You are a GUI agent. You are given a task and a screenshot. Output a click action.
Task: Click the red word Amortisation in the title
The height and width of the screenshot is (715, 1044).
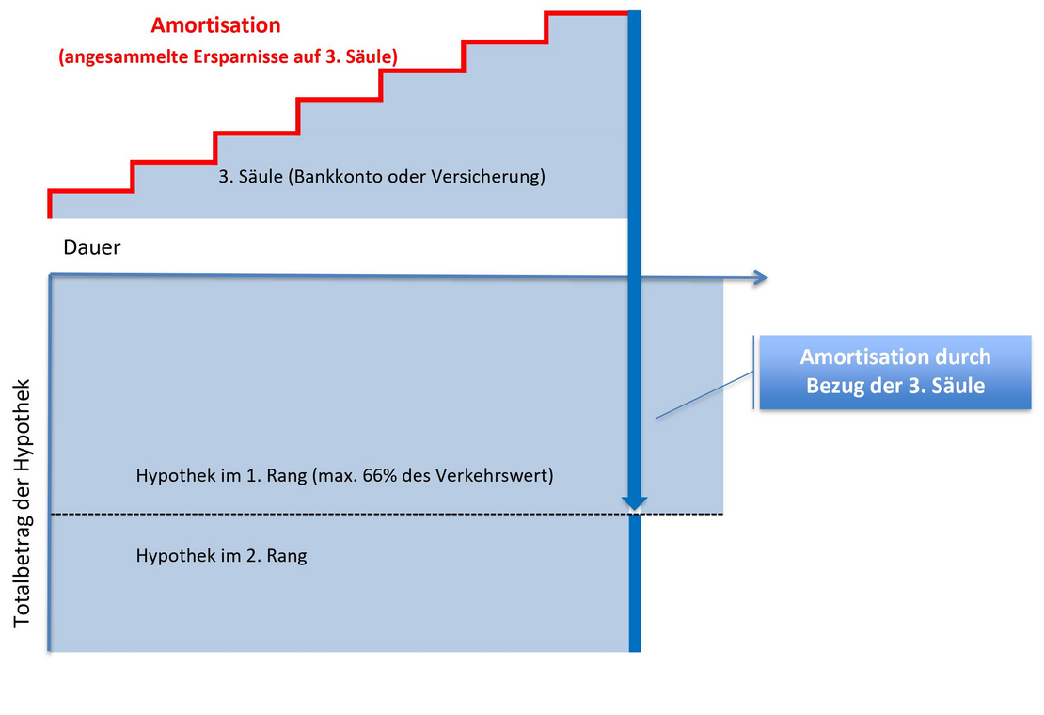point(215,25)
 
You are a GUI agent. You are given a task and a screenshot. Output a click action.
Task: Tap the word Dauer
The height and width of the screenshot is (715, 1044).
point(92,247)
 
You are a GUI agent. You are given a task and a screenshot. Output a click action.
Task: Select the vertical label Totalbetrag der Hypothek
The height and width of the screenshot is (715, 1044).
point(22,502)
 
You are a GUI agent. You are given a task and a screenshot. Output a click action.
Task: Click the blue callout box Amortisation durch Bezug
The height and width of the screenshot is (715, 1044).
point(894,372)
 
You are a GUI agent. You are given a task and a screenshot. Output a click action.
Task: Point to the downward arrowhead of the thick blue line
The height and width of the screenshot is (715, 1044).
point(635,502)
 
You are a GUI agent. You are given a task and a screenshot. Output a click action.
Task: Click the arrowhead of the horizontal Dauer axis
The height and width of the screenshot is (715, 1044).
point(761,278)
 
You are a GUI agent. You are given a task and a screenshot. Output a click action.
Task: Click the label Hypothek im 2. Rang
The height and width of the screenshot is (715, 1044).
point(221,556)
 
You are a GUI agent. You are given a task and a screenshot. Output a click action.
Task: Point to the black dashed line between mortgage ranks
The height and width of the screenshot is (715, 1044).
point(387,514)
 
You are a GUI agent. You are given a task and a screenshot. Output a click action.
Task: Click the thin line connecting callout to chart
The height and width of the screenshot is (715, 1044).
point(704,395)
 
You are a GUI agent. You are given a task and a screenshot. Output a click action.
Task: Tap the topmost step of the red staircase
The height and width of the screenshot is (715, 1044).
point(587,12)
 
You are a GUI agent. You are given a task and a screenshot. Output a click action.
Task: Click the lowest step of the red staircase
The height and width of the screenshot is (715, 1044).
point(91,191)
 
